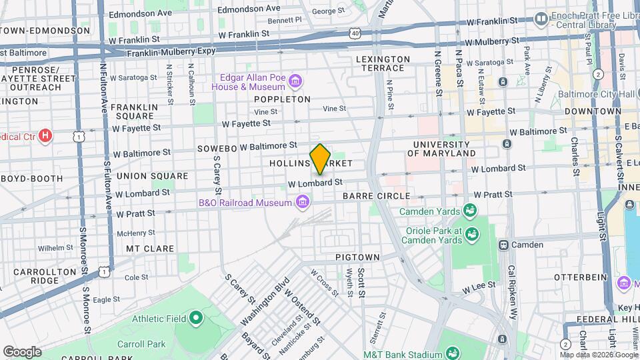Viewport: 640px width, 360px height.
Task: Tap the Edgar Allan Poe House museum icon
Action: tap(295, 82)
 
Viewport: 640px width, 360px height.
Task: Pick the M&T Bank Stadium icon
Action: tap(453, 353)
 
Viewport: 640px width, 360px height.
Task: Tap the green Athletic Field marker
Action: tap(195, 318)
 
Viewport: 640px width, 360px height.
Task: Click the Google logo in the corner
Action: tap(22, 351)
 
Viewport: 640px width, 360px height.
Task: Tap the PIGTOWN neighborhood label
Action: tap(357, 257)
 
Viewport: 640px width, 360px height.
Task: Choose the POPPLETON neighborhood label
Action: tap(282, 99)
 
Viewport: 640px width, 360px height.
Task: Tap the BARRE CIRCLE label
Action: tap(370, 197)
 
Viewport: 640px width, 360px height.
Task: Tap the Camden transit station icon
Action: tap(503, 245)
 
